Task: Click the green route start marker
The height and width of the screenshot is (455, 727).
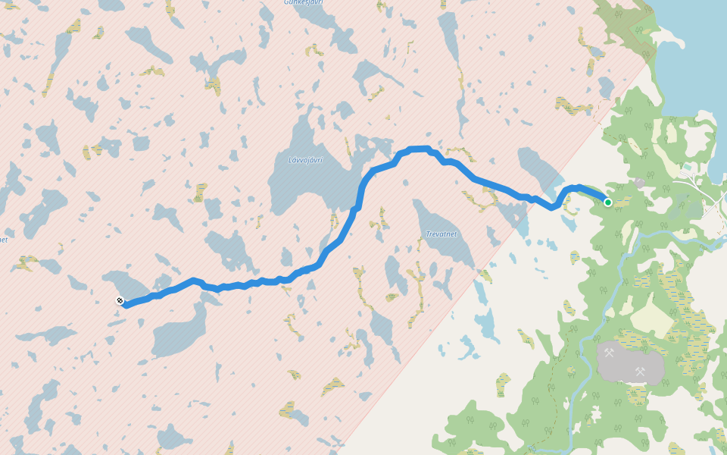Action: [x=607, y=202]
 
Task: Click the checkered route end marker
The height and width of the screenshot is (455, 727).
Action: [x=120, y=301]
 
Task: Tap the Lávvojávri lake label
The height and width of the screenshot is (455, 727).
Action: [x=306, y=160]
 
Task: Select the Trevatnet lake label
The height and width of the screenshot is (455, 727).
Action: [x=442, y=234]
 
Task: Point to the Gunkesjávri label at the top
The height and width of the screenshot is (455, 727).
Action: [x=303, y=2]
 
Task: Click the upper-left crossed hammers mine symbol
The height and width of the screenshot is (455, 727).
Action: [x=609, y=353]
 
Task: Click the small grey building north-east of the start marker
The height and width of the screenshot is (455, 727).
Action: [x=640, y=183]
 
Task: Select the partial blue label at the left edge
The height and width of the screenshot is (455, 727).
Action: [x=3, y=240]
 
